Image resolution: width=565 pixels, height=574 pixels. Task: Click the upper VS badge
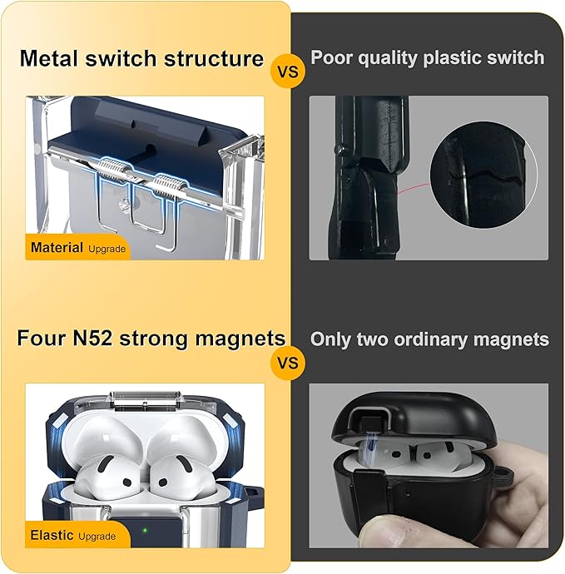click(288, 71)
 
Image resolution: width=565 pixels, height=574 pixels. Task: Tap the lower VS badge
click(288, 363)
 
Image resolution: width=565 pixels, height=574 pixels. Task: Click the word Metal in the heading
click(49, 58)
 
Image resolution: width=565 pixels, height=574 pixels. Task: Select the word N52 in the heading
click(92, 338)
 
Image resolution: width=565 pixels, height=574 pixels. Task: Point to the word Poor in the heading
click(331, 57)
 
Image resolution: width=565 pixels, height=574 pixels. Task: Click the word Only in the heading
click(330, 339)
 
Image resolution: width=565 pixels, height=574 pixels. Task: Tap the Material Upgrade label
click(78, 247)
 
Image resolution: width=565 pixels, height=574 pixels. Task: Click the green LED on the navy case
click(145, 530)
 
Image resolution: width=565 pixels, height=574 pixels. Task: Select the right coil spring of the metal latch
click(166, 187)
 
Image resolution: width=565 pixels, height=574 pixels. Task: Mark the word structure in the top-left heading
click(214, 58)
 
